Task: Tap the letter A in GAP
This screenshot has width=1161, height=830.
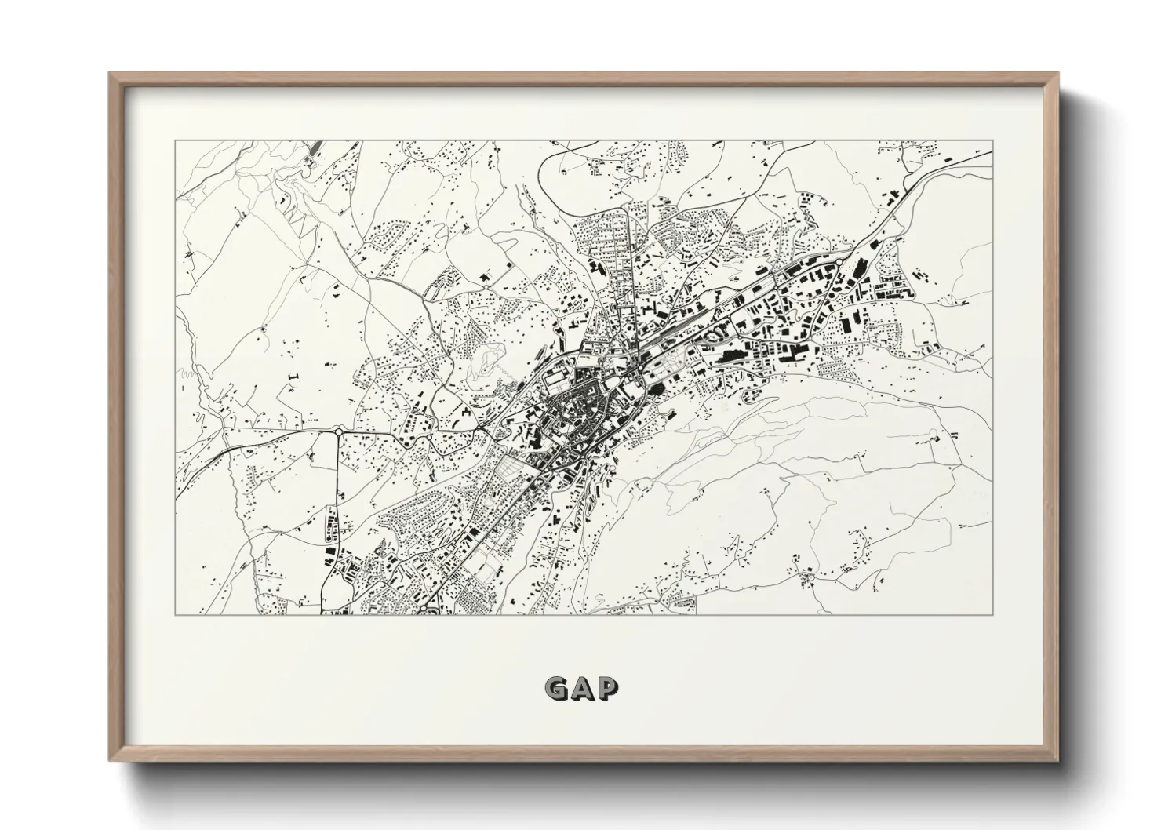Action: [581, 688]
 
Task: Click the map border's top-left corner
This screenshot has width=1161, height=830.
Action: [175, 141]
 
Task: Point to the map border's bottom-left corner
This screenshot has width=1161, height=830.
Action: [175, 614]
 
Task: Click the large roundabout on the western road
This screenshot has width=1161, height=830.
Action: [338, 431]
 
